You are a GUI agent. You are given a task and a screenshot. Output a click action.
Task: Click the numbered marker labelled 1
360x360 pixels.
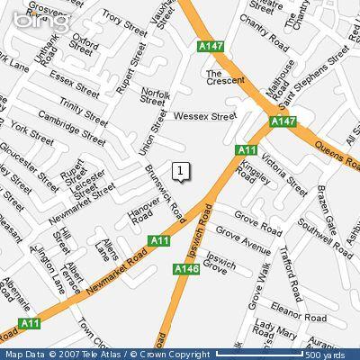point(181,170)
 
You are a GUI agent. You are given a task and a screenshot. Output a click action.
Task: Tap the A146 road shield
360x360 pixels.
point(186,268)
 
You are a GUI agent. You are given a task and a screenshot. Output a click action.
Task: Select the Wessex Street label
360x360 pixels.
point(204,115)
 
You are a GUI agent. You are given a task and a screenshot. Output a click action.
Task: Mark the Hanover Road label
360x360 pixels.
point(144,212)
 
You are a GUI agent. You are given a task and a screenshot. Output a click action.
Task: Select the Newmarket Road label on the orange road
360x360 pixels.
point(103,265)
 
